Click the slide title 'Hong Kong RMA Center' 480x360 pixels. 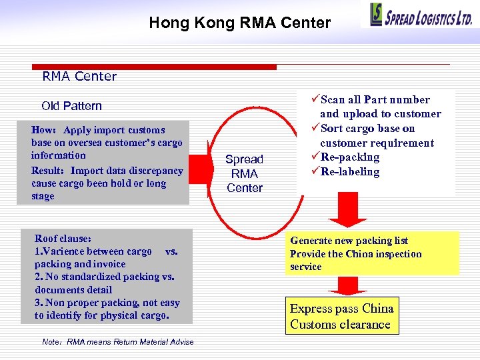coord(239,23)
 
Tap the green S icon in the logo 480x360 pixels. coord(377,15)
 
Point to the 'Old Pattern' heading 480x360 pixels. coord(71,106)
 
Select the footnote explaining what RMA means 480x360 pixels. coord(117,342)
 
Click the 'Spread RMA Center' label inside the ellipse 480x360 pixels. coord(244,173)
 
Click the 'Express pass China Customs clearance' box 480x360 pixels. coord(341,316)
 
